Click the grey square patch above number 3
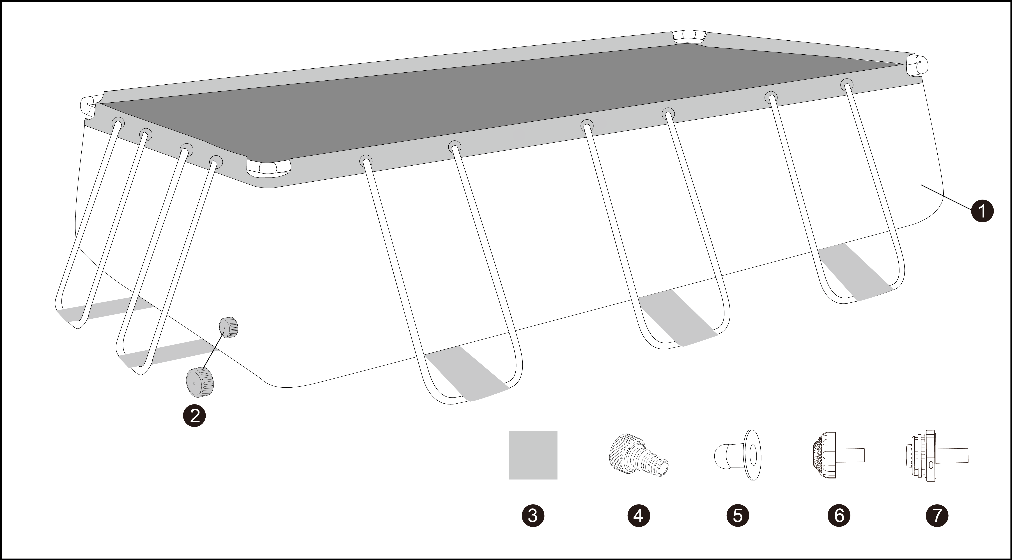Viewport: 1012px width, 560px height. (x=533, y=455)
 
